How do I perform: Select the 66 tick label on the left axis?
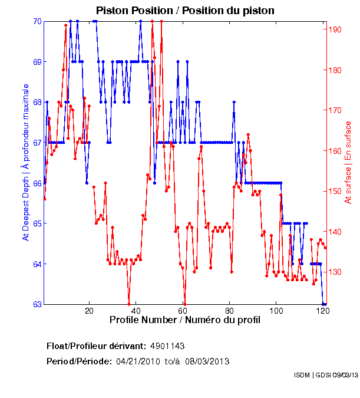(x=37, y=183)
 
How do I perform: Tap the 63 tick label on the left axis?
(x=37, y=304)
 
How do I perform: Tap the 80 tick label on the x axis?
(x=230, y=311)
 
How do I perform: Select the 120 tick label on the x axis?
(x=322, y=311)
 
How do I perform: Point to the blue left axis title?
(x=25, y=162)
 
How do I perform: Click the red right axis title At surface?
(x=348, y=162)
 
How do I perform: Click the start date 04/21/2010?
(x=137, y=361)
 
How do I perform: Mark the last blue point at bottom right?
(x=325, y=304)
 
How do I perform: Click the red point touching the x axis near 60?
(x=185, y=304)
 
